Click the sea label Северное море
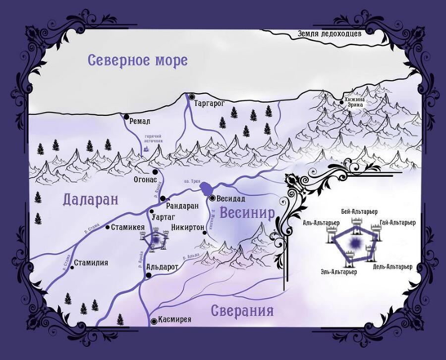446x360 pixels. coord(137,60)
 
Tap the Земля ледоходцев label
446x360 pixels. coord(330,34)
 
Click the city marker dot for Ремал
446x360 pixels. coord(125,116)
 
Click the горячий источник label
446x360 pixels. coord(154,139)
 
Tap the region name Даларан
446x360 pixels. coord(92,200)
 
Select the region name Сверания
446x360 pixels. coord(242,310)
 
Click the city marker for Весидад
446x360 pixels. coord(212,198)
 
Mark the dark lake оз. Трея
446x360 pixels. coord(207,189)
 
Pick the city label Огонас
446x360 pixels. coord(145,179)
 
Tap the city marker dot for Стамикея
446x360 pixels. coord(108,227)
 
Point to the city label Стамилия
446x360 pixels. coord(91,263)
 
